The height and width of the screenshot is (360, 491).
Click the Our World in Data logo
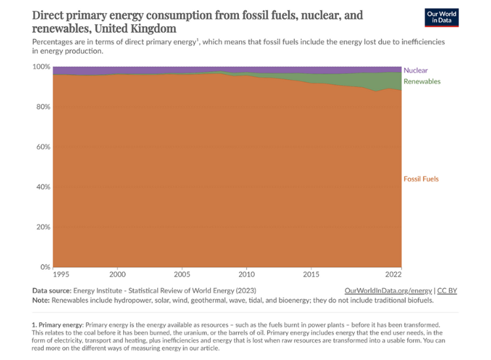[x=441, y=18]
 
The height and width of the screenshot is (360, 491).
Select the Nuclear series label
[x=416, y=70]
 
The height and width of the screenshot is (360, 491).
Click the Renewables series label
[x=422, y=81]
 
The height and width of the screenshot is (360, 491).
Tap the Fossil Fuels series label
[x=421, y=179]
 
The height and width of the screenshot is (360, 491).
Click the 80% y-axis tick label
[x=43, y=107]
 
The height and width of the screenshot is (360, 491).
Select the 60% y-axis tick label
[x=43, y=147]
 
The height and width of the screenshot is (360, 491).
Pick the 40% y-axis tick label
[x=43, y=187]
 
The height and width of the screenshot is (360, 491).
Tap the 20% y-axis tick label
[x=43, y=227]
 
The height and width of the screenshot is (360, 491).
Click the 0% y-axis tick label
[x=45, y=267]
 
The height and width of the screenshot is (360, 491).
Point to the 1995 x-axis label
[x=61, y=275]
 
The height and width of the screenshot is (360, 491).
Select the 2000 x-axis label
[x=118, y=275]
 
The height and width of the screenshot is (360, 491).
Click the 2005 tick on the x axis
[x=182, y=275]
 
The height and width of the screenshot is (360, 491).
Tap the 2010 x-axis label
[x=247, y=275]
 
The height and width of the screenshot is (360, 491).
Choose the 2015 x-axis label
[x=311, y=275]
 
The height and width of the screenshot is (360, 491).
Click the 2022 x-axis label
[x=393, y=275]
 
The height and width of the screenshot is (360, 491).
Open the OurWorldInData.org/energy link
[x=388, y=290]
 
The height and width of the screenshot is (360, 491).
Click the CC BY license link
[x=448, y=290]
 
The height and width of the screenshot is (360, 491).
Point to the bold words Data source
[x=52, y=290]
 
